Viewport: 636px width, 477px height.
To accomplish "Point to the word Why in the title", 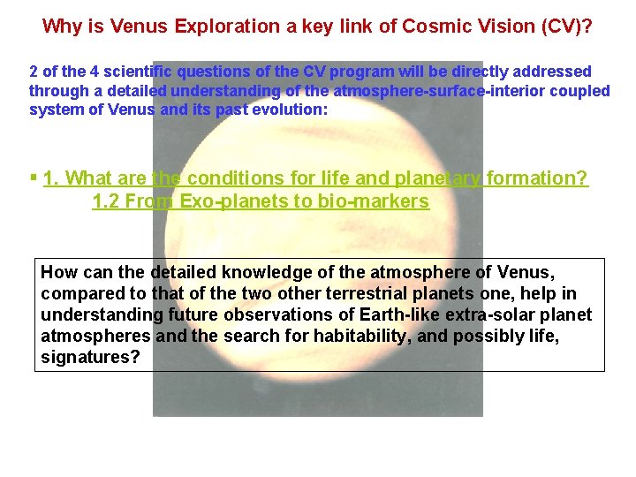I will coord(61,26).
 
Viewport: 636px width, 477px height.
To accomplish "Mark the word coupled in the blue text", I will coord(579,90).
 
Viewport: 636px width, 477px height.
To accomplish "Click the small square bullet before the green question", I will coord(33,177).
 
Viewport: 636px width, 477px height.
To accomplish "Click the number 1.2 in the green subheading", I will coord(106,201).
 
